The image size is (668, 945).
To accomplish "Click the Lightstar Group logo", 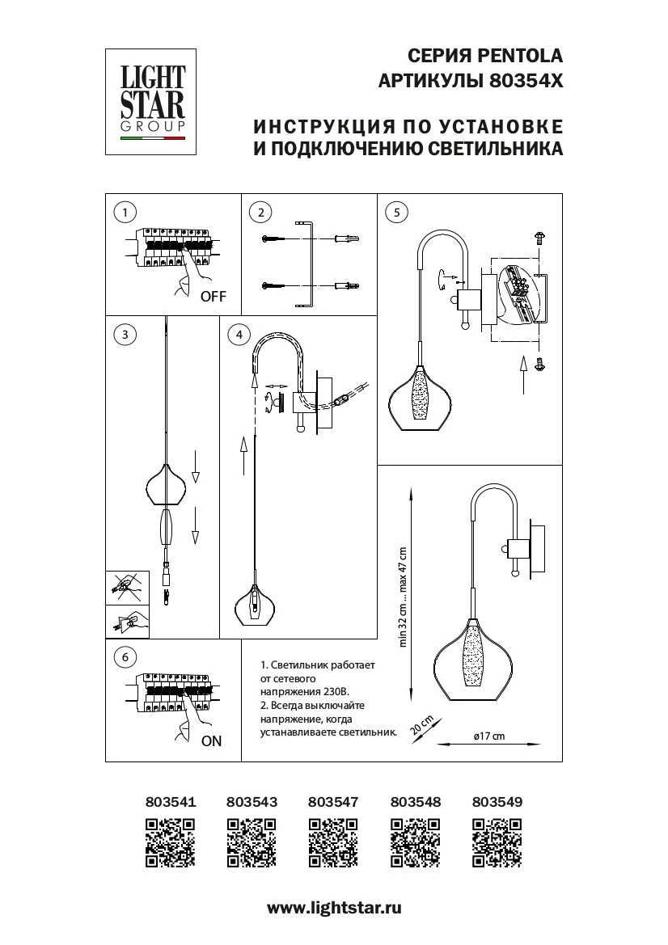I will [152, 101].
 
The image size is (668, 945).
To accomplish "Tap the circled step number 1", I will [125, 213].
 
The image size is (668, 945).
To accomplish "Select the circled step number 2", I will [260, 213].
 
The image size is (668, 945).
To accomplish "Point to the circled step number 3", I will [125, 334].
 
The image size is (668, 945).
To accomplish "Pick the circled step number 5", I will [395, 213].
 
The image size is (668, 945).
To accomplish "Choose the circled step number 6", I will [125, 657].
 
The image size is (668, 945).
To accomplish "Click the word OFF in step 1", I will [213, 297].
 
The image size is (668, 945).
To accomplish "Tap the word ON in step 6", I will [211, 740].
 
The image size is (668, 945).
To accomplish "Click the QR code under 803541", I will [171, 842].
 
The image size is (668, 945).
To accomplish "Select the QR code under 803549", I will [497, 842].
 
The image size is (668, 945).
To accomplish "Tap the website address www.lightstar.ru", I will [334, 908].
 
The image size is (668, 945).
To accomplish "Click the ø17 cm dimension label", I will [488, 736].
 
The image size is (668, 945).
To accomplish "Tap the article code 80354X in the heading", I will [526, 81].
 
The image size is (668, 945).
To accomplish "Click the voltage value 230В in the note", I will [333, 692].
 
